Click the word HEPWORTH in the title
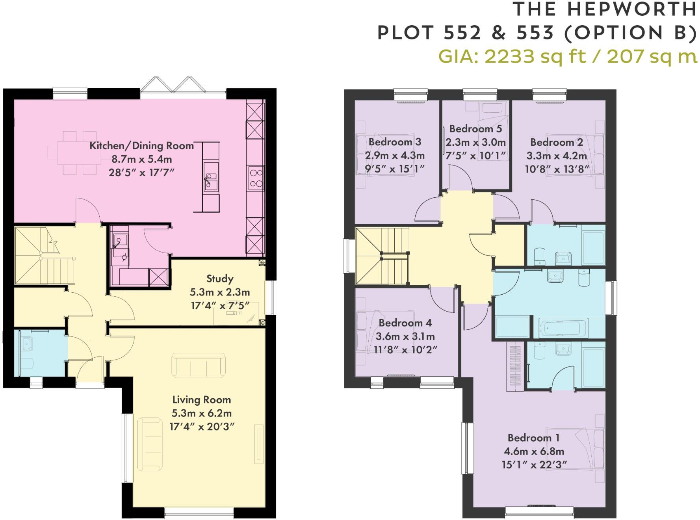pyautogui.click(x=632, y=9)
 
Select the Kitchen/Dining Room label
pyautogui.click(x=141, y=145)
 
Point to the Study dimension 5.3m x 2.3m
pyautogui.click(x=220, y=292)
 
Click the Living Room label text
pyautogui.click(x=202, y=399)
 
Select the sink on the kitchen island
pyautogui.click(x=211, y=182)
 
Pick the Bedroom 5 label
pyautogui.click(x=475, y=129)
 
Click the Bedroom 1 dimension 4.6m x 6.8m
pyautogui.click(x=534, y=451)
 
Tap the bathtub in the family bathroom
pyautogui.click(x=560, y=328)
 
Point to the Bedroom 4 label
pyautogui.click(x=405, y=323)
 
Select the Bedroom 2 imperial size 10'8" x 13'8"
pyautogui.click(x=557, y=169)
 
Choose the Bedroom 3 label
pyautogui.click(x=395, y=142)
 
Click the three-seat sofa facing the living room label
pyautogui.click(x=199, y=365)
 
